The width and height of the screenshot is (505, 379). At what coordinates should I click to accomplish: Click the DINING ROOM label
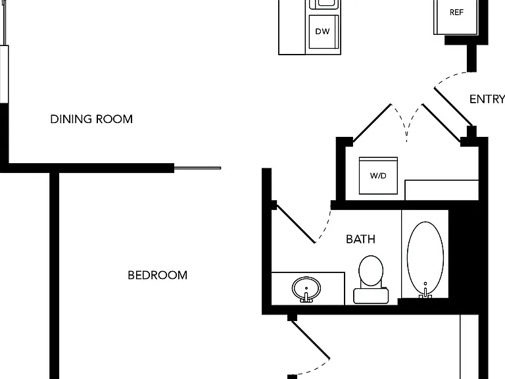[91, 119]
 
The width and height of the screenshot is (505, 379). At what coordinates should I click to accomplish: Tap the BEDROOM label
[158, 275]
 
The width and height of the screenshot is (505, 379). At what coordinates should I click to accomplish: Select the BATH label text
[360, 239]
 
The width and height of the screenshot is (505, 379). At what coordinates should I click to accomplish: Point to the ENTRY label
[487, 99]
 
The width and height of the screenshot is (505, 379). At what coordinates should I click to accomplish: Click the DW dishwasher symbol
[323, 32]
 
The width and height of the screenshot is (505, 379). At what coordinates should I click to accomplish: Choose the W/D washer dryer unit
[378, 176]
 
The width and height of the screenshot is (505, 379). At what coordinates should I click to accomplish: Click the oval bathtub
[425, 258]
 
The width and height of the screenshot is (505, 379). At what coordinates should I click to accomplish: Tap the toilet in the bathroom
[371, 280]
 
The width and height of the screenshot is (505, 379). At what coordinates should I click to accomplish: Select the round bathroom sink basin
[306, 288]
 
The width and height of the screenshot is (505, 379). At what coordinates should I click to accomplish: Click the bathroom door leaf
[296, 224]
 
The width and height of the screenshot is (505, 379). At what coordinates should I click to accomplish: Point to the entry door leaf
[454, 107]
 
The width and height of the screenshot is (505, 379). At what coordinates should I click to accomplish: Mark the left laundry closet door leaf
[372, 123]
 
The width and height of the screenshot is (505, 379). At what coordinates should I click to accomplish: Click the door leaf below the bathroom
[311, 340]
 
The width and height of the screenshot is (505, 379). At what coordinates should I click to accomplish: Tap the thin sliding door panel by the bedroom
[197, 168]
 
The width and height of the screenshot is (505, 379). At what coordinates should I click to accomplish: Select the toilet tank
[371, 295]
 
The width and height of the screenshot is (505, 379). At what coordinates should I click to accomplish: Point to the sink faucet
[306, 297]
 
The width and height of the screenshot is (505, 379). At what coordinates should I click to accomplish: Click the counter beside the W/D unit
[442, 190]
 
